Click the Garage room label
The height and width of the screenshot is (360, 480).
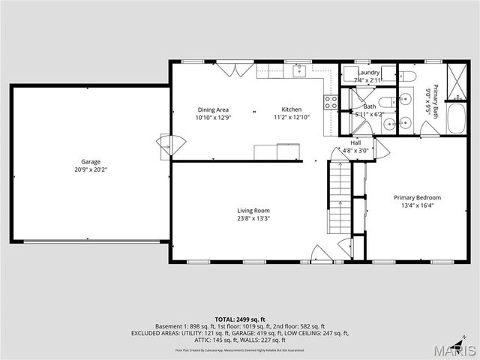(91, 161)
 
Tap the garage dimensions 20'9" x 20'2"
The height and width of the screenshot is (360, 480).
(91, 169)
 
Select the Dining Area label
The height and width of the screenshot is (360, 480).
(213, 109)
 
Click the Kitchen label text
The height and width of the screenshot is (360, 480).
(292, 109)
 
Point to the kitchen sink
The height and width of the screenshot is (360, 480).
(298, 70)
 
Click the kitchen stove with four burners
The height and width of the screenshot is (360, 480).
(330, 102)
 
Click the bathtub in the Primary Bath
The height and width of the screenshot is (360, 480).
(457, 118)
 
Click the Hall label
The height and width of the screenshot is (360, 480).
(355, 142)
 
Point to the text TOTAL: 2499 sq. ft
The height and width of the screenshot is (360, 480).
(239, 319)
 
